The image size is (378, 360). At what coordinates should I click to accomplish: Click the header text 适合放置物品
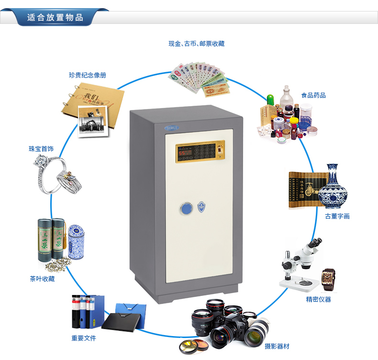(55, 18)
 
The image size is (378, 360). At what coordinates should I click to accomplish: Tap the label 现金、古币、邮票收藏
(196, 44)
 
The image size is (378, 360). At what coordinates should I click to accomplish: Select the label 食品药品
(313, 95)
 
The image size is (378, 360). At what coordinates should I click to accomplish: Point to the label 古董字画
(337, 216)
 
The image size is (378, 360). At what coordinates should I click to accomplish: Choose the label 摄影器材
(277, 346)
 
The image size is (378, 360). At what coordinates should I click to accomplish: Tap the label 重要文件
(84, 338)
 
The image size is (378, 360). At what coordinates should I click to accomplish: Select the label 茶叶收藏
(42, 279)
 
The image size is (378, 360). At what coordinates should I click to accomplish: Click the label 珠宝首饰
(41, 149)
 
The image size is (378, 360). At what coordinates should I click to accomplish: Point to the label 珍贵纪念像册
(87, 75)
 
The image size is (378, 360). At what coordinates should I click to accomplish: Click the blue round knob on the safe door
(185, 208)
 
